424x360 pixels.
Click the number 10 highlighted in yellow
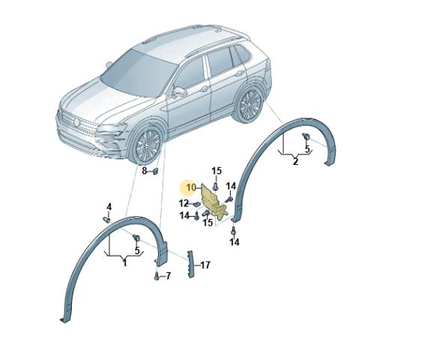(190, 187)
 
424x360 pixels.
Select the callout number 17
(205, 265)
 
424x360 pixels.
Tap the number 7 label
(169, 276)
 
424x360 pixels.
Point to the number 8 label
(145, 171)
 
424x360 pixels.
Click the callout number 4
(109, 207)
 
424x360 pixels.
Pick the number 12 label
(184, 203)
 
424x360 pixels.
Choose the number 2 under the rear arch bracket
(296, 161)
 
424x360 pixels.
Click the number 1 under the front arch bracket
(124, 262)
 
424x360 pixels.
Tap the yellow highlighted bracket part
(213, 202)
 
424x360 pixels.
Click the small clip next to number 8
(156, 171)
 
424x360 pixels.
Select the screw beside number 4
(106, 220)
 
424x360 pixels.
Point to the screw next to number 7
(157, 276)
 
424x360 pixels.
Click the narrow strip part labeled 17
(190, 264)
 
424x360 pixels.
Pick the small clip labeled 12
(196, 203)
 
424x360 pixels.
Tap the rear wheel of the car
(249, 104)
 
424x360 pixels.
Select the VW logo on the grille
(77, 122)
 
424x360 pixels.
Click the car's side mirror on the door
(179, 92)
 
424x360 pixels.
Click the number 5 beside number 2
(307, 148)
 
